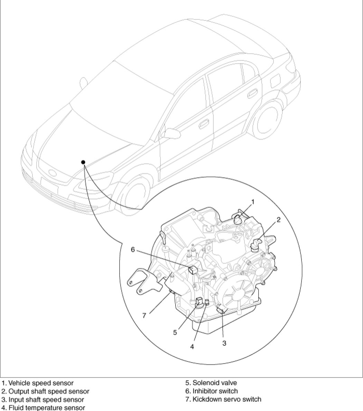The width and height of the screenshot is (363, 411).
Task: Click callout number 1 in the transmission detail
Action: (253, 202)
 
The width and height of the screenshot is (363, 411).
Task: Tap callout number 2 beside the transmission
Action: (278, 219)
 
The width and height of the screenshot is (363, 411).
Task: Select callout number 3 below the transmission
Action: (224, 343)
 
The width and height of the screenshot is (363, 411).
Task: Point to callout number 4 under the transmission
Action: (192, 346)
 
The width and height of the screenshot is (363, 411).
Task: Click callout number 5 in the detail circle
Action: (175, 332)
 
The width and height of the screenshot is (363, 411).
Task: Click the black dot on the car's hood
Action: (83, 162)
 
